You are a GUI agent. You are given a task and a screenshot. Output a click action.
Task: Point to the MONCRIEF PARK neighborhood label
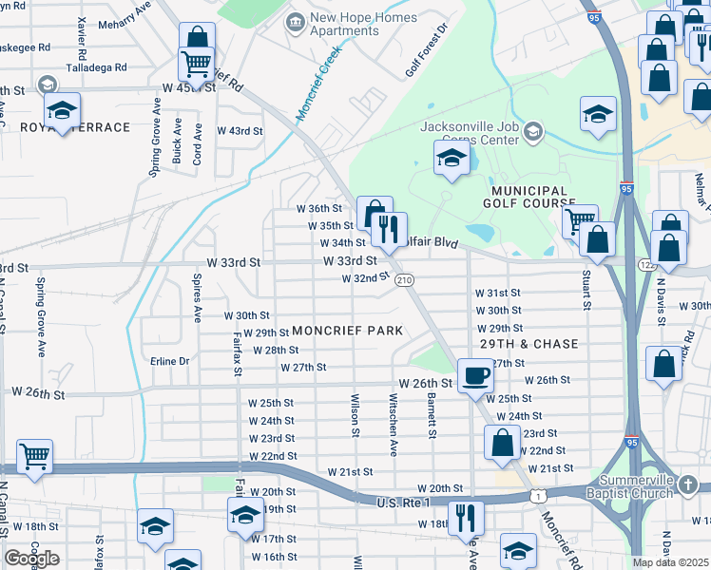point(347,331)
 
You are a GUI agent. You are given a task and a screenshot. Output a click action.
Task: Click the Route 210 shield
point(404,279)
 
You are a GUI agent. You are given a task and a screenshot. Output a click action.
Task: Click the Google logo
point(31,558)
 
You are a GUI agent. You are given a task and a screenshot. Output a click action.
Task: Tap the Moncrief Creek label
point(317,83)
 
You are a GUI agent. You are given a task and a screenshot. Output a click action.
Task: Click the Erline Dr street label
point(170,361)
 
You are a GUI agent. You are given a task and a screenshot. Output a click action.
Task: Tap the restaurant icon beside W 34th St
point(389,228)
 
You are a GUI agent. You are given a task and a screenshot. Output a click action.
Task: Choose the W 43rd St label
point(240,131)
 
